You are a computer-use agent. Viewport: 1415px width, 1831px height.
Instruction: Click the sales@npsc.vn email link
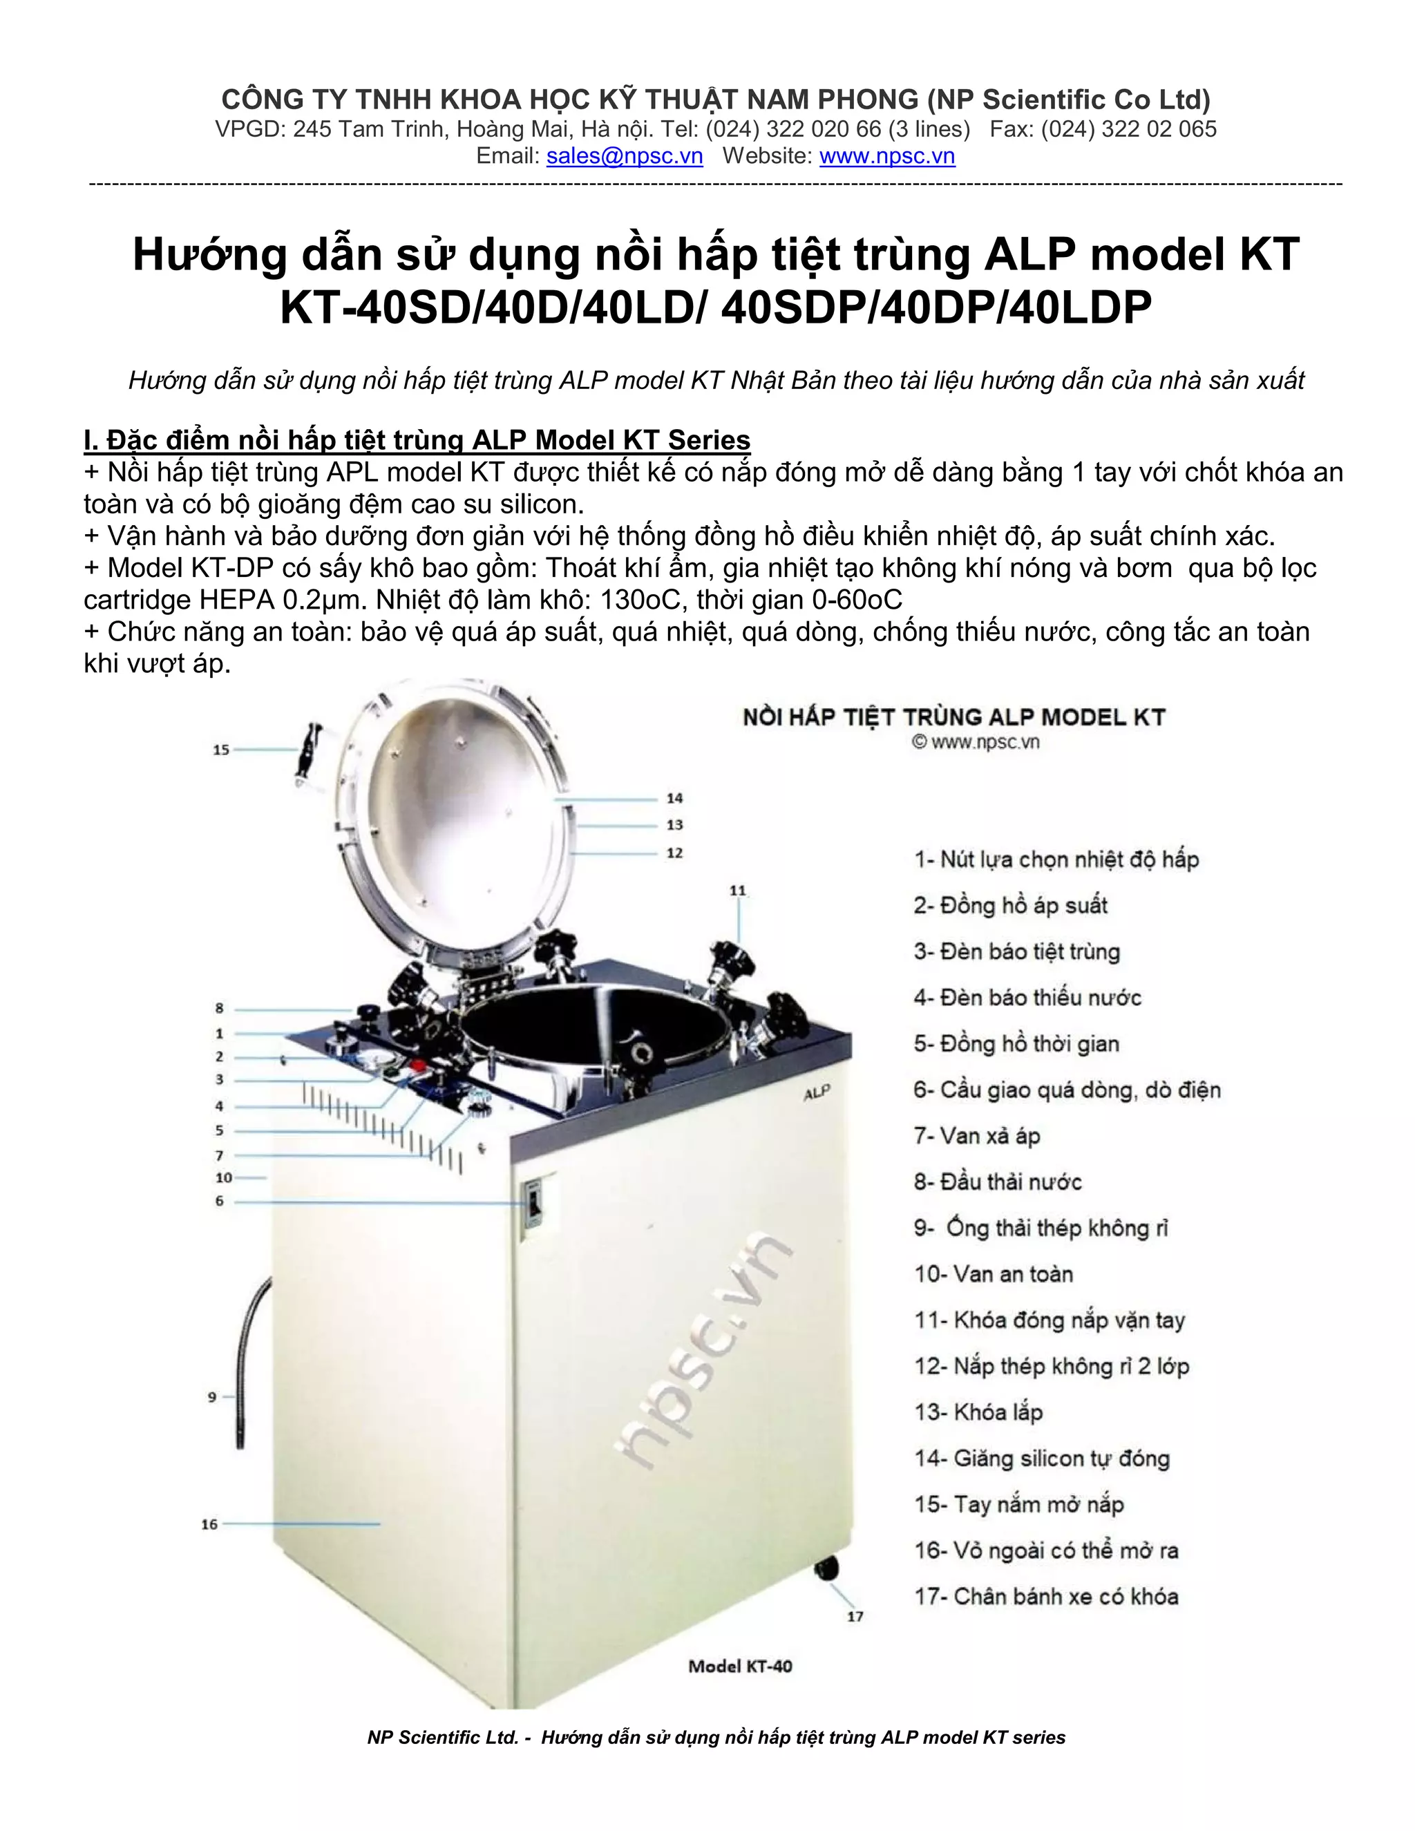point(625,157)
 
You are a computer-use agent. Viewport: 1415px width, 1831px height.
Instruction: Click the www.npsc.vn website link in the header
point(887,157)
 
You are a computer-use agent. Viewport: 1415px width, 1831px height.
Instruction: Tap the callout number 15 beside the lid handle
point(220,750)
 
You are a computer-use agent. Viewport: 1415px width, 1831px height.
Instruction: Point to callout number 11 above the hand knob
point(738,891)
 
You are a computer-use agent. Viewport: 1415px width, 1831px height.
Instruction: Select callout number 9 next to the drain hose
point(212,1396)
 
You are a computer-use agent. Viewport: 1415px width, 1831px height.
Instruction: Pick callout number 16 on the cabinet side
point(209,1524)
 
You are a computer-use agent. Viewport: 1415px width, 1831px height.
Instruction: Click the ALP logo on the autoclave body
point(817,1093)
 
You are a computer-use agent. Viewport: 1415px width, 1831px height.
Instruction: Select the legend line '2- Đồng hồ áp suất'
point(1010,905)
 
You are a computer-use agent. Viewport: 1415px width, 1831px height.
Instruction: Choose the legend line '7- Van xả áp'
point(976,1136)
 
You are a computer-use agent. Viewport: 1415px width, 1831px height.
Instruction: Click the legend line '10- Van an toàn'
point(994,1274)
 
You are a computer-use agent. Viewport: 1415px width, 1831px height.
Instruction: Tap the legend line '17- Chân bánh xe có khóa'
point(1046,1596)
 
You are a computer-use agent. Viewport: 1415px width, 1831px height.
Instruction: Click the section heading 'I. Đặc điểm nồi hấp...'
point(417,440)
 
